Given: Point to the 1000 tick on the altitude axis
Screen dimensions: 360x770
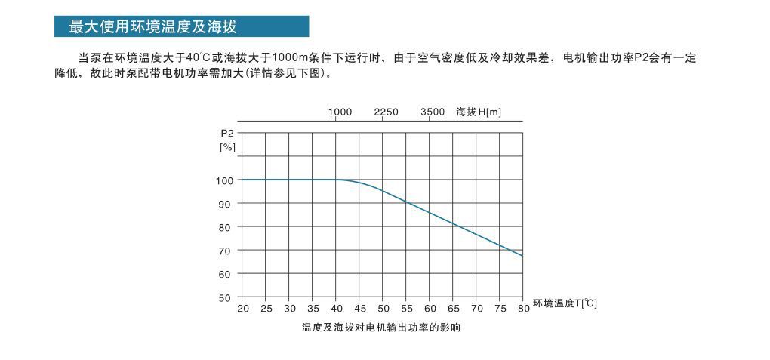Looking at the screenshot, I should (340, 112).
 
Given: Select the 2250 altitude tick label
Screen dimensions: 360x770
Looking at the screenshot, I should (387, 112).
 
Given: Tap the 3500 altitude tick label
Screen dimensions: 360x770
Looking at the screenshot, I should (433, 112).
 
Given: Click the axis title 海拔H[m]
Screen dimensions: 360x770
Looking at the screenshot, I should (479, 112).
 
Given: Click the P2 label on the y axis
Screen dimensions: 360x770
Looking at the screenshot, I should (226, 134).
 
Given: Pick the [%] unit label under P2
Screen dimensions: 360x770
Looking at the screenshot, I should (226, 147).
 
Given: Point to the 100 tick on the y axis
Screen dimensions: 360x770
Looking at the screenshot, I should (223, 180).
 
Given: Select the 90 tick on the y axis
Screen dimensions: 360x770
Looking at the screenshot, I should (225, 204).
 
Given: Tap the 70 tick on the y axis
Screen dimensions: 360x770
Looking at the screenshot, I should (225, 251).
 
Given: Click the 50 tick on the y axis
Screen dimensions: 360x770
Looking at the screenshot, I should (225, 297).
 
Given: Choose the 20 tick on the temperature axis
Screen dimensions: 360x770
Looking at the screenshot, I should (243, 308).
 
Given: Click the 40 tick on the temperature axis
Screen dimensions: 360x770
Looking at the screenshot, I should (337, 308).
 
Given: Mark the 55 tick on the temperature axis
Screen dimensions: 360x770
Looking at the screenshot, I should (407, 308).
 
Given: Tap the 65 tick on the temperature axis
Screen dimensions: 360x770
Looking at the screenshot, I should (454, 308).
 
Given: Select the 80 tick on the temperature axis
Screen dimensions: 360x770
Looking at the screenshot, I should (524, 308).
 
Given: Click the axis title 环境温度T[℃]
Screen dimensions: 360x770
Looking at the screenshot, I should (565, 303).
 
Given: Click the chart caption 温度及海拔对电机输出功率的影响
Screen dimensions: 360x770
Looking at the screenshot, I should (381, 328).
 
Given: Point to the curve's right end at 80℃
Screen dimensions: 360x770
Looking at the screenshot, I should (522, 256).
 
